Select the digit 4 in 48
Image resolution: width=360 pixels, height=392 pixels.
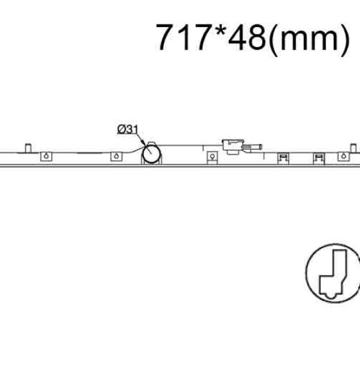[237, 37]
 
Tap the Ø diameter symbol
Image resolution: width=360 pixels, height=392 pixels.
[122, 129]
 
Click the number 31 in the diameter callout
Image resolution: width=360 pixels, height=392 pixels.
[132, 129]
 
